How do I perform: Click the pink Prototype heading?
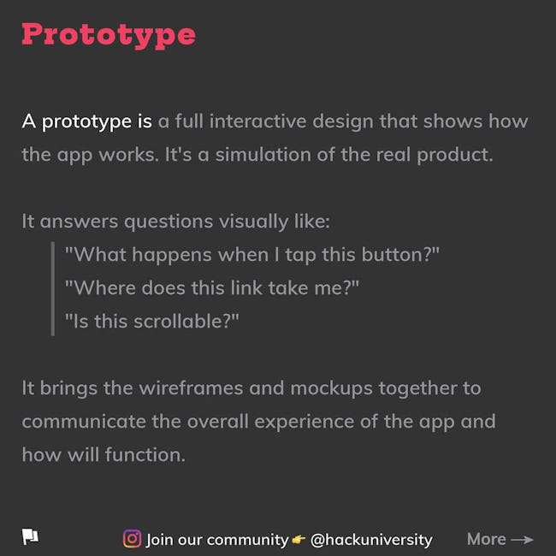[x=109, y=35]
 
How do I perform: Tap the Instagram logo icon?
[x=132, y=539]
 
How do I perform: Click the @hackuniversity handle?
[x=371, y=540]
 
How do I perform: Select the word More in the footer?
[x=486, y=539]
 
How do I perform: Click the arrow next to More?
[x=523, y=540]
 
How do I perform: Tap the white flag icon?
[x=31, y=536]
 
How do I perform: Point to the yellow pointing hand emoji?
[x=299, y=540]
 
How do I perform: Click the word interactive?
[x=257, y=121]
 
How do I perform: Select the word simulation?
[x=263, y=155]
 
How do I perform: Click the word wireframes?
[x=191, y=388]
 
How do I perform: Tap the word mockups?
[x=331, y=389]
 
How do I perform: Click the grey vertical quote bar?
[x=53, y=288]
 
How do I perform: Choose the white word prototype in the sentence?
[x=86, y=122]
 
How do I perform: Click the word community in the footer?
[x=247, y=541]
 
